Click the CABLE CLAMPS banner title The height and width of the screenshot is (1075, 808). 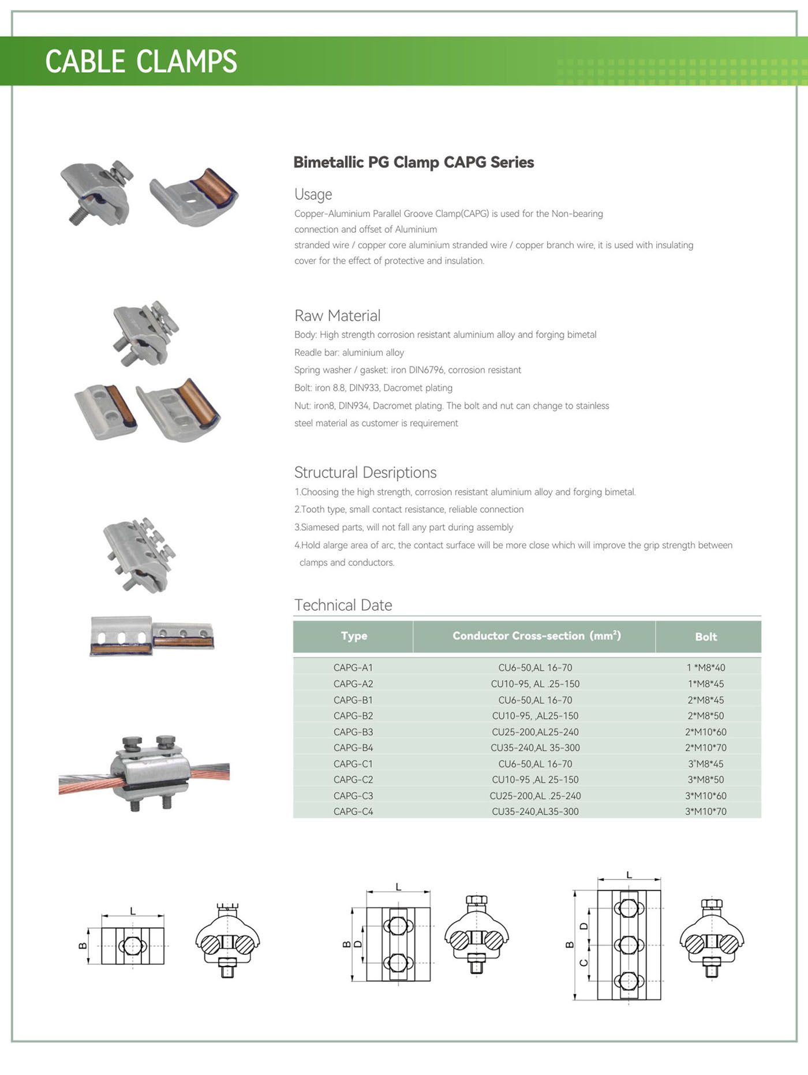pos(141,61)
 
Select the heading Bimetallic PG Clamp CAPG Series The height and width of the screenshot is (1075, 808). pos(413,162)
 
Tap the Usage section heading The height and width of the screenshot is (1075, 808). pos(313,194)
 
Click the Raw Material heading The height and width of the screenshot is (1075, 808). pos(337,316)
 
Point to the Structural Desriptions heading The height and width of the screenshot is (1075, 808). pos(365,472)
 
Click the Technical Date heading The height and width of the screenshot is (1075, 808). pos(343,605)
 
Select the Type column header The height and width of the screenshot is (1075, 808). pos(354,636)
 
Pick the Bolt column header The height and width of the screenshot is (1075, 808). pos(705,637)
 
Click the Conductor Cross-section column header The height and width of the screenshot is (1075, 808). pos(536,636)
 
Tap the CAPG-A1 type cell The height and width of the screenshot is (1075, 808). pos(353,667)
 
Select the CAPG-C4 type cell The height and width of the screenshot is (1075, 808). pos(353,811)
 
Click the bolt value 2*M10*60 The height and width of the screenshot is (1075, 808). pos(705,731)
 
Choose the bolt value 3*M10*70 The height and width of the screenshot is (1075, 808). pos(705,811)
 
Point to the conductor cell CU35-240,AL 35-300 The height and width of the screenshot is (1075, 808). pos(535,748)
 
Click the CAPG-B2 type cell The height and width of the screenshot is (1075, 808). pos(353,715)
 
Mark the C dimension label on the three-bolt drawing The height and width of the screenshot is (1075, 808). pos(583,962)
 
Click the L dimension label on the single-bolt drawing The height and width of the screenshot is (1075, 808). pos(133,911)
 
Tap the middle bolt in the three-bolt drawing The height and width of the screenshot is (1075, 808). pos(628,945)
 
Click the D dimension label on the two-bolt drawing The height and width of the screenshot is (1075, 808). pos(358,945)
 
